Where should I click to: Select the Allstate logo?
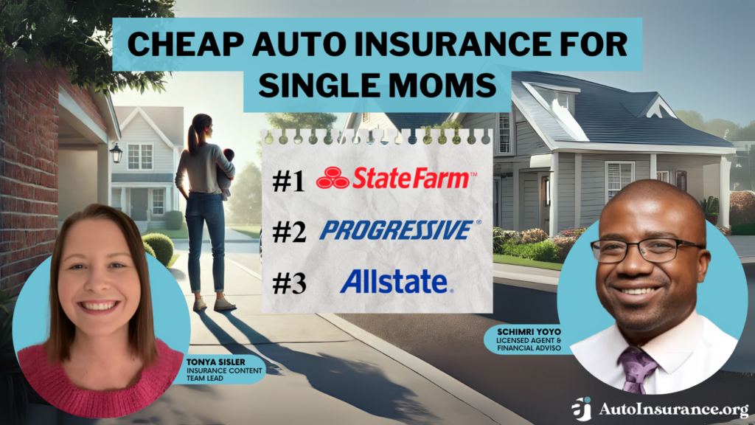(x=393, y=281)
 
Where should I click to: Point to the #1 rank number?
(x=289, y=182)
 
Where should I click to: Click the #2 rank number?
(x=289, y=232)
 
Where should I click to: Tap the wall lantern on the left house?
(x=116, y=152)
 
